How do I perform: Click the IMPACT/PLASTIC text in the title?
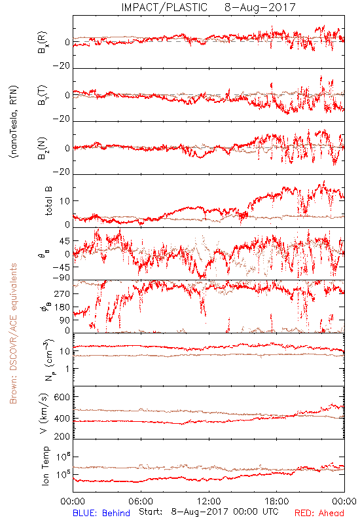[164, 7]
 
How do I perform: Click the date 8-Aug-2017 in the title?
[260, 7]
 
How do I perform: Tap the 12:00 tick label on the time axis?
[209, 501]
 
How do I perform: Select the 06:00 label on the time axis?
[141, 501]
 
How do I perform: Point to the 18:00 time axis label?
[277, 501]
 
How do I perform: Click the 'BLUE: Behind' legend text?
[101, 513]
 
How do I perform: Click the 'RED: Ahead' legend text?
[319, 513]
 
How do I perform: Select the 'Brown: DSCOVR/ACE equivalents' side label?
[13, 333]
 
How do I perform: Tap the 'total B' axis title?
[48, 201]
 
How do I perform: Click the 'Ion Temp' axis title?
[45, 466]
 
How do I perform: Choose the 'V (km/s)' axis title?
[44, 413]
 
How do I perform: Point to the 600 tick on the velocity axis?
[62, 397]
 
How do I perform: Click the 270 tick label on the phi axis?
[62, 293]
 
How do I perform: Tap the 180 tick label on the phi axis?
[62, 307]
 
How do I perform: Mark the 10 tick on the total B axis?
[65, 201]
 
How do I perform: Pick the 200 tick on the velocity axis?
[62, 436]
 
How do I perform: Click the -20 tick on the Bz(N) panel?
[62, 172]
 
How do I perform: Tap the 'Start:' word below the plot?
[151, 512]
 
